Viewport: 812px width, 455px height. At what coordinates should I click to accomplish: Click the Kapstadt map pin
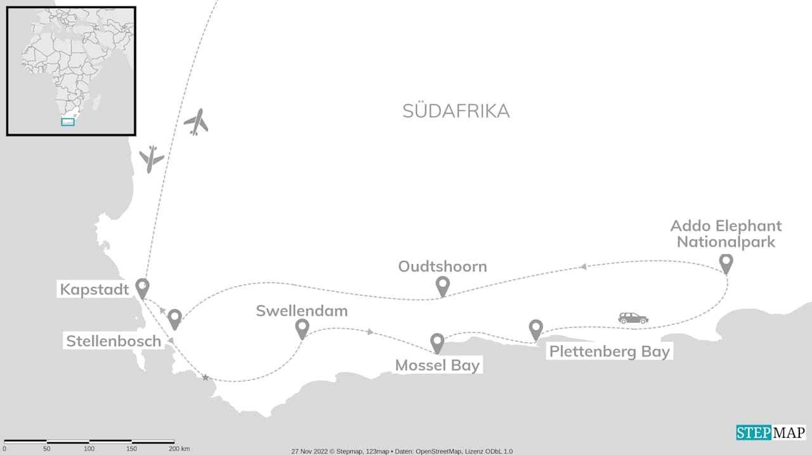pos(142,288)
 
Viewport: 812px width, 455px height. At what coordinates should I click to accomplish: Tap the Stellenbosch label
pos(114,341)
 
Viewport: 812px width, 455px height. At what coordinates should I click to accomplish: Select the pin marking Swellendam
pos(302,328)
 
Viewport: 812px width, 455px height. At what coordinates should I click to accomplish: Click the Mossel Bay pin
pos(437,343)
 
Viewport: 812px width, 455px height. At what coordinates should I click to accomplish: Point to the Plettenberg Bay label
pos(609,352)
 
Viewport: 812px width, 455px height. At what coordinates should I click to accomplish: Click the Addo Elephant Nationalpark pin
pos(726,263)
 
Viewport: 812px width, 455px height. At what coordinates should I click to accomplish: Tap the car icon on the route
pos(633,318)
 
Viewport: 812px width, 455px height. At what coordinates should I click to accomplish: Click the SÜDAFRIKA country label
pos(455,111)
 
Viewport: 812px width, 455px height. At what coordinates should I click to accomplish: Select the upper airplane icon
pos(197,121)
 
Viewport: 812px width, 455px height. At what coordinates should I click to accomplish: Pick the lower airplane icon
pos(151,159)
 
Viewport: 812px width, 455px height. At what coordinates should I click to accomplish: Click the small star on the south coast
pos(205,378)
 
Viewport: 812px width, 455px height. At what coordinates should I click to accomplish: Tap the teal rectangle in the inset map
pos(68,122)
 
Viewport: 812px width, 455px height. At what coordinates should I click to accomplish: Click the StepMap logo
pos(771,433)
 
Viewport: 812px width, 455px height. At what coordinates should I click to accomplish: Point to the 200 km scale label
pos(179,449)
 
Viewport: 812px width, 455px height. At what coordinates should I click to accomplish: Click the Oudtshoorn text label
pos(442,267)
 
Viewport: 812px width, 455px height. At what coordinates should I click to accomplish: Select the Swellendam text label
pos(301,311)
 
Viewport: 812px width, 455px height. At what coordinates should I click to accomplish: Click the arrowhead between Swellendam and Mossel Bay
pos(370,332)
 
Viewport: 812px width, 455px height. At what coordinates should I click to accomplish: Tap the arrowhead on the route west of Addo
pos(582,267)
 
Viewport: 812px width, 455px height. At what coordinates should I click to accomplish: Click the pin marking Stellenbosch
pos(174,319)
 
